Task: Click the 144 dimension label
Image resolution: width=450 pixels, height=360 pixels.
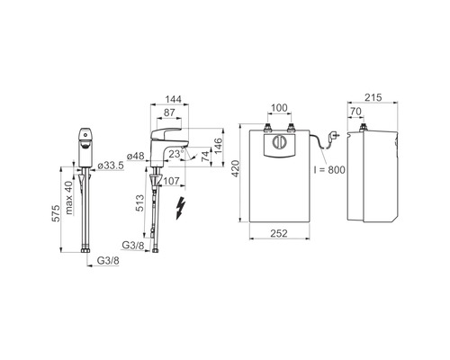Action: tap(174, 99)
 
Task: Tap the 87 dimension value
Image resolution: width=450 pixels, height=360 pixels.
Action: tap(169, 112)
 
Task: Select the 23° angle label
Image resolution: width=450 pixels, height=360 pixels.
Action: tap(176, 154)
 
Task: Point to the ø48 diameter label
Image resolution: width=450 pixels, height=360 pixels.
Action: tap(136, 156)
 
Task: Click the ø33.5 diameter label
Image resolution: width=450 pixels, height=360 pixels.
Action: tap(111, 166)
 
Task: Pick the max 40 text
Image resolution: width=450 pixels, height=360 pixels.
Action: tap(69, 198)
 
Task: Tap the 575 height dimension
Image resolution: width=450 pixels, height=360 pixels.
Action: tap(56, 213)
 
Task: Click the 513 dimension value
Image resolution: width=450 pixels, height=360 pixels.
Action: tap(140, 203)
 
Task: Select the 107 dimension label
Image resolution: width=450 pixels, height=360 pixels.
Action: tap(171, 181)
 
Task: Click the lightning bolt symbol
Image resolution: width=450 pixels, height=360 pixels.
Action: tap(180, 208)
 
